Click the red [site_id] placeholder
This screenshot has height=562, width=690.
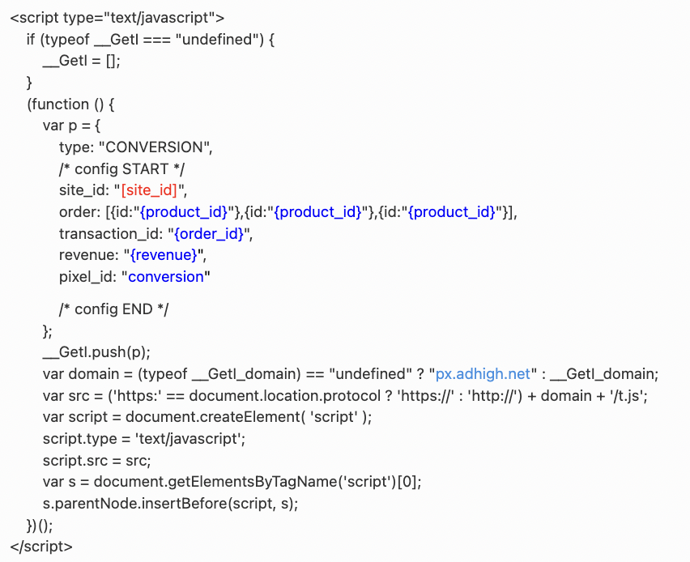151,190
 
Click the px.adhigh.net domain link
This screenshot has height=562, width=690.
483,373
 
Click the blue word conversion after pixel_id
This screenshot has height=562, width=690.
167,276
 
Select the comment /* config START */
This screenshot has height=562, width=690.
122,169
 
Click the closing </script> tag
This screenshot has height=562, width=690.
41,547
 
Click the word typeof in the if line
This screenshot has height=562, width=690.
67,40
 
